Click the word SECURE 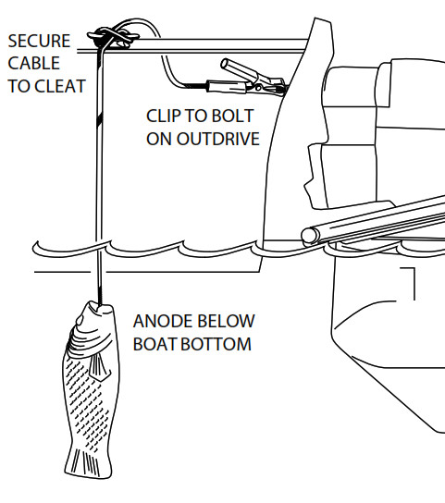click(x=39, y=41)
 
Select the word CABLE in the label click(x=33, y=63)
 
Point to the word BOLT click(x=233, y=116)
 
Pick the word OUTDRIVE click(x=218, y=139)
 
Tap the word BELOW click(x=226, y=321)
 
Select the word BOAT click(x=155, y=344)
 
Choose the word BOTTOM click(x=216, y=344)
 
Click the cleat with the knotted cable click(x=113, y=37)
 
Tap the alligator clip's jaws click(x=272, y=87)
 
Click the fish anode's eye click(x=79, y=320)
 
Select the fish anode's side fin click(x=99, y=367)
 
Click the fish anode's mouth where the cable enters click(x=100, y=305)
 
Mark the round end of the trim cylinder click(x=310, y=236)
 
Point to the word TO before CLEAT click(x=19, y=86)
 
